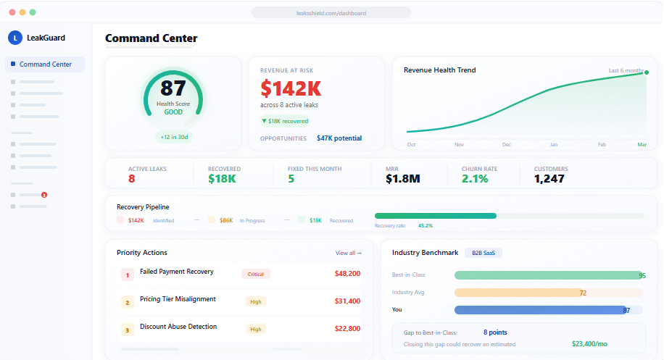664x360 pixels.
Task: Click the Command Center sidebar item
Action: pyautogui.click(x=45, y=64)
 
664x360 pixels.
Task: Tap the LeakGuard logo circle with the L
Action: pyautogui.click(x=15, y=38)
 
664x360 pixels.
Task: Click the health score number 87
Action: pyautogui.click(x=173, y=88)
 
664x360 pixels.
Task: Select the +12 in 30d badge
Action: pyautogui.click(x=173, y=136)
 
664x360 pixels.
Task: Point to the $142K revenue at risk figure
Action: pyautogui.click(x=291, y=88)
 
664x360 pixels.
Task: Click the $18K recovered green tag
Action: pyautogui.click(x=285, y=121)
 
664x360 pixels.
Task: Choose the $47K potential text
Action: pyautogui.click(x=339, y=138)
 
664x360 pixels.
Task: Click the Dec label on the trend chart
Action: pyautogui.click(x=507, y=145)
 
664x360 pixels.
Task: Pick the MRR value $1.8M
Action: pyautogui.click(x=403, y=179)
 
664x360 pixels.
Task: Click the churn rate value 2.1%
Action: pyautogui.click(x=475, y=179)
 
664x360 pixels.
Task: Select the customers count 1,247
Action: pyautogui.click(x=549, y=179)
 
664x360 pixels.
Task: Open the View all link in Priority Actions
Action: pyautogui.click(x=348, y=253)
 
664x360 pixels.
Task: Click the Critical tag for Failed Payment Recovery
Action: pyautogui.click(x=255, y=274)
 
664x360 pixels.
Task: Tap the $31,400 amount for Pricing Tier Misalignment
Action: pyautogui.click(x=347, y=301)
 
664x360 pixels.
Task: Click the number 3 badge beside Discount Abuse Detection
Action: pyautogui.click(x=126, y=330)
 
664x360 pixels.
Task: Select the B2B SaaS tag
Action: pyautogui.click(x=484, y=253)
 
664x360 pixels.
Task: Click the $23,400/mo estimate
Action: pyautogui.click(x=589, y=344)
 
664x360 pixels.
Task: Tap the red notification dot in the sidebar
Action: pyautogui.click(x=44, y=195)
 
